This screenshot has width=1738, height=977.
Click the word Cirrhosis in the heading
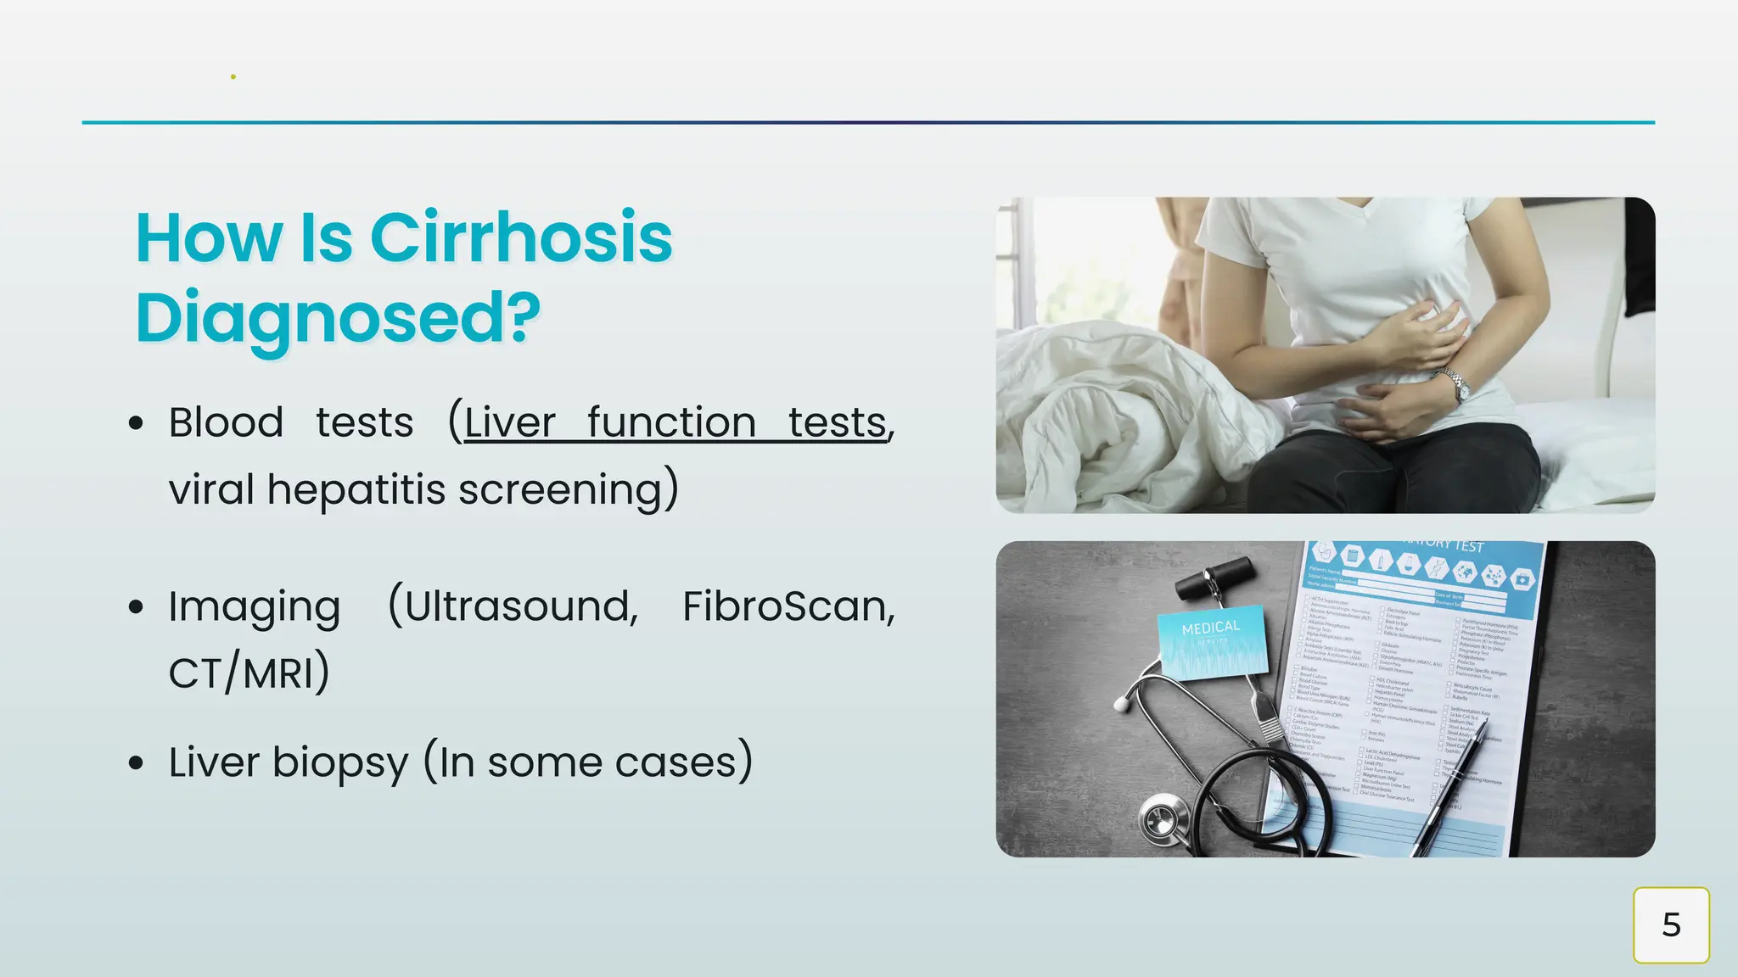coord(520,238)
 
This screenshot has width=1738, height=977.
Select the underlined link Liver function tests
coord(676,422)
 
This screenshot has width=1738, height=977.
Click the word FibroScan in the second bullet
coord(788,606)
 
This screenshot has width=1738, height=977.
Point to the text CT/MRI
coord(249,674)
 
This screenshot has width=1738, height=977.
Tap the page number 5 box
coord(1670,924)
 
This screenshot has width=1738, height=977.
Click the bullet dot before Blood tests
coord(136,423)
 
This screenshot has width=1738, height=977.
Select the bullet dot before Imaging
coord(136,607)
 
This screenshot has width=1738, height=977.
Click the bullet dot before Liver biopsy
coord(136,762)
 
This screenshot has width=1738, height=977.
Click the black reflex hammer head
coord(1215,576)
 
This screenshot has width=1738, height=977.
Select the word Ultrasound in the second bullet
coord(513,606)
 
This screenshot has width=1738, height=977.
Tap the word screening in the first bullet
coord(567,489)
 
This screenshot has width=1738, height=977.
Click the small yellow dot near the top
coord(233,77)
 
